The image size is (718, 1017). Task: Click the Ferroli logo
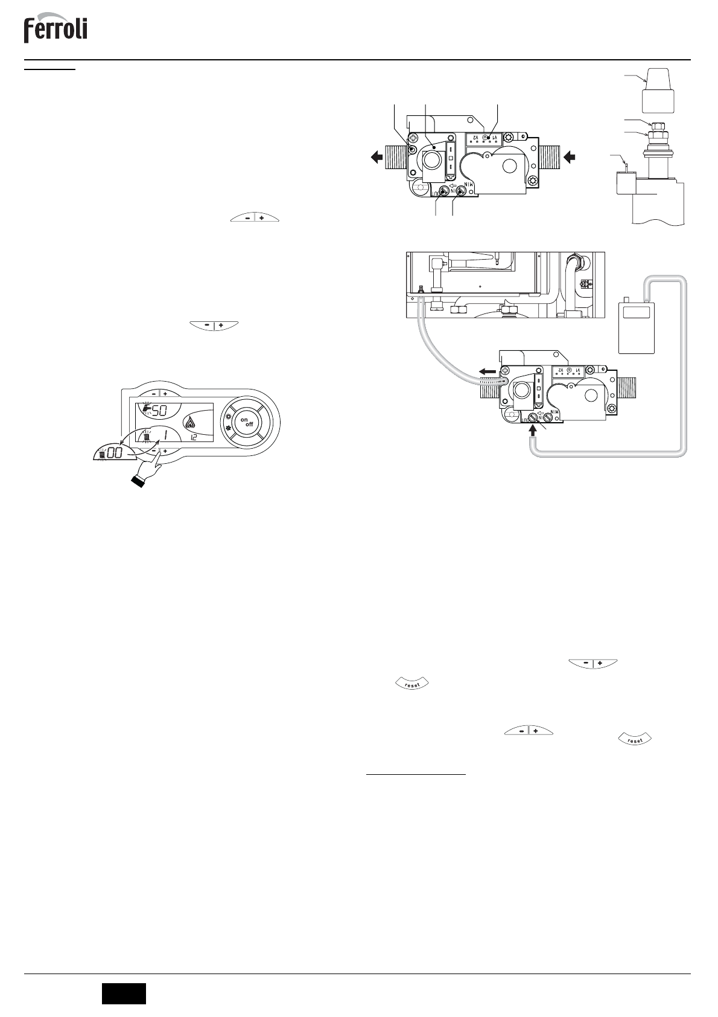click(56, 30)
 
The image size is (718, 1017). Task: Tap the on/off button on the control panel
click(246, 423)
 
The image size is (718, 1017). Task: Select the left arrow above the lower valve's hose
click(489, 372)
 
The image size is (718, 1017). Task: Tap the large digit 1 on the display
click(165, 435)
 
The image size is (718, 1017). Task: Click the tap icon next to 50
click(144, 410)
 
